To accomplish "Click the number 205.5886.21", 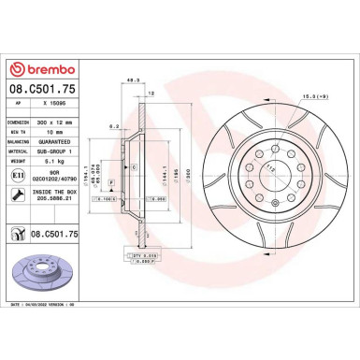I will click(x=64, y=199).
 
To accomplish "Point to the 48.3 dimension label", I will click(x=134, y=80).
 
